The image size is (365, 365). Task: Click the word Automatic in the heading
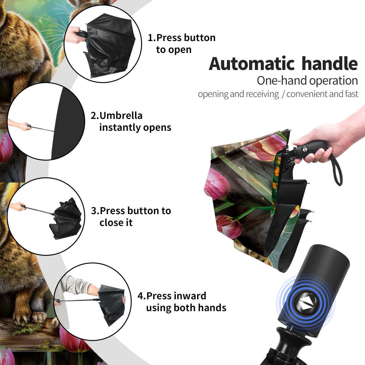252,64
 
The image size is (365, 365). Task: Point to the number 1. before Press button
151,38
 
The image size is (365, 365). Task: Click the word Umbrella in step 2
121,116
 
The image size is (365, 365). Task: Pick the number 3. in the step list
95,211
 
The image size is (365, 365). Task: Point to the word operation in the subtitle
334,81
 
